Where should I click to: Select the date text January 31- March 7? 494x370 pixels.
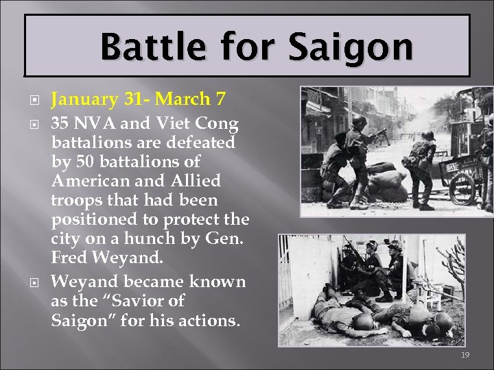click(x=138, y=99)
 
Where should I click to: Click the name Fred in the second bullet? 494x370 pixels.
click(x=69, y=258)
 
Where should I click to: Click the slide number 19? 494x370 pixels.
click(x=465, y=355)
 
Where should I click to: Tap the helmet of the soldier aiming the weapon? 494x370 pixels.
click(x=359, y=122)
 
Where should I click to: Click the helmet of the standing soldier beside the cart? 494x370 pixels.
click(x=427, y=135)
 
